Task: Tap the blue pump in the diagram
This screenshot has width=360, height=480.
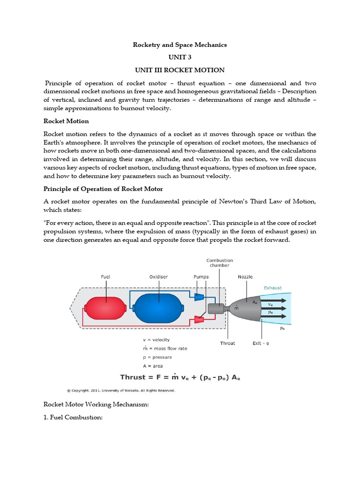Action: click(199, 297)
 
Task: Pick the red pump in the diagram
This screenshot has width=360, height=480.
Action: click(199, 320)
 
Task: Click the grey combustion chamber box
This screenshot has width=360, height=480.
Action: click(216, 308)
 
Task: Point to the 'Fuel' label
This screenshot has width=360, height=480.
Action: click(105, 277)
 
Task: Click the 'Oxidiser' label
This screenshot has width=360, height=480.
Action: click(159, 277)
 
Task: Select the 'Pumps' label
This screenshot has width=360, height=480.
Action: click(202, 277)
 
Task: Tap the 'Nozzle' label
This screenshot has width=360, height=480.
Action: click(245, 277)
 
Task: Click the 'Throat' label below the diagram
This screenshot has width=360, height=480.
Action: click(227, 343)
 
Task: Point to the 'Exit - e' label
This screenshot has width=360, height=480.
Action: click(261, 343)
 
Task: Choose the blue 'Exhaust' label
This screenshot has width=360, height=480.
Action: click(273, 288)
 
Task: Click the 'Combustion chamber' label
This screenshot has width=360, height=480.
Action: click(220, 262)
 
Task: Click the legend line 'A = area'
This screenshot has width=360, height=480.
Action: click(153, 366)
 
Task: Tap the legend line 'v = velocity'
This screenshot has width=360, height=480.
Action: click(156, 339)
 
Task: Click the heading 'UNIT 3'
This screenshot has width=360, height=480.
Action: click(180, 57)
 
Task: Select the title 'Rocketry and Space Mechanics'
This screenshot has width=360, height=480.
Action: click(180, 45)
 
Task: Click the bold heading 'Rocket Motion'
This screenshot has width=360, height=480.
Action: click(66, 121)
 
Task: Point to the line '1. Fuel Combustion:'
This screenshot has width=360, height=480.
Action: click(73, 417)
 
